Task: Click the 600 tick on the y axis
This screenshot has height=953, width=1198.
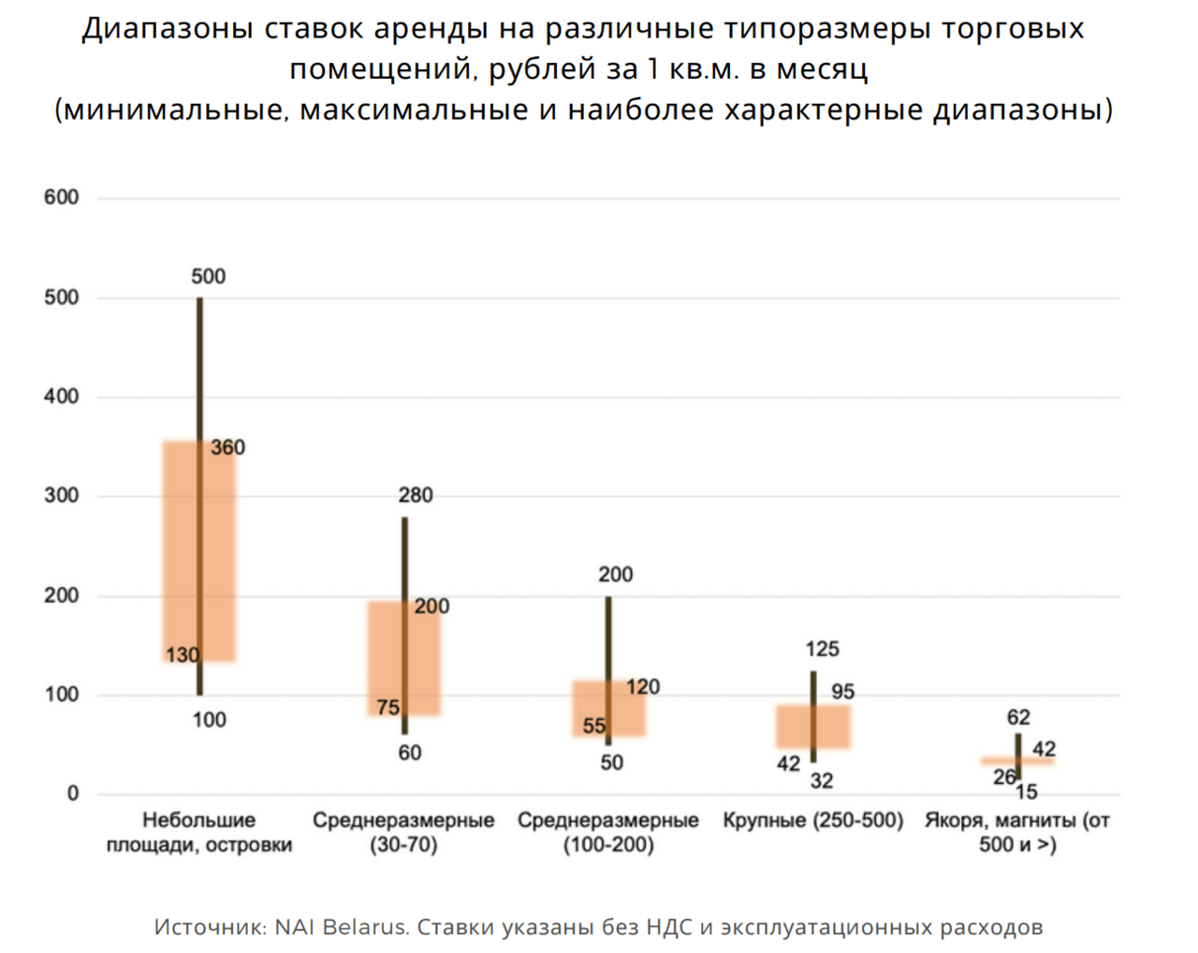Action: [x=61, y=198]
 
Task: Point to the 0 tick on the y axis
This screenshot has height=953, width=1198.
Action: [x=72, y=794]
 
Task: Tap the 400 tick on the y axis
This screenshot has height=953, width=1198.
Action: [x=61, y=397]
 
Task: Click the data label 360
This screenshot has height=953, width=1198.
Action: [x=227, y=447]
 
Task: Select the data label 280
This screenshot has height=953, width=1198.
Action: [x=416, y=495]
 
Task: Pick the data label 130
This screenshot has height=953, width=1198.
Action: [x=183, y=655]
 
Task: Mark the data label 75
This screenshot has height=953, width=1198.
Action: [x=388, y=708]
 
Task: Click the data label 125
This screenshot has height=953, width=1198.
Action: [x=822, y=649]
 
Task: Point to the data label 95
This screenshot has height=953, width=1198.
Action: [x=842, y=692]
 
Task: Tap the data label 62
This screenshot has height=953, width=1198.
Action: [x=1018, y=717]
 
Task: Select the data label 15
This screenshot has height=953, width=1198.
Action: [x=1026, y=792]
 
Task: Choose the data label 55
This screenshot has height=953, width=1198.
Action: [x=594, y=726]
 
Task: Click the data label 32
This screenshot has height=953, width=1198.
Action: [x=822, y=781]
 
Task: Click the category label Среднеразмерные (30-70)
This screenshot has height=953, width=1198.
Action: [x=403, y=832]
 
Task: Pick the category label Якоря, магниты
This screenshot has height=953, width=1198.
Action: [x=1017, y=832]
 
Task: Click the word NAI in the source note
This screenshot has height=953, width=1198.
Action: [x=295, y=928]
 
